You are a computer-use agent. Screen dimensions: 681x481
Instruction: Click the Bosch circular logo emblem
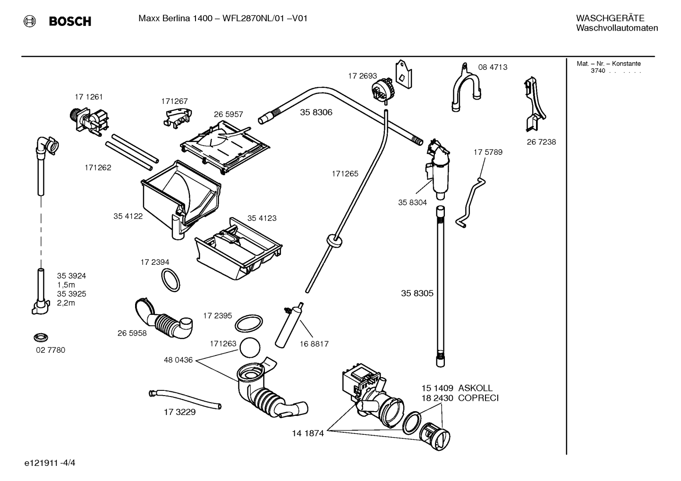29,22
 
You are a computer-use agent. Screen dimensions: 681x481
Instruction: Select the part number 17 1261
89,97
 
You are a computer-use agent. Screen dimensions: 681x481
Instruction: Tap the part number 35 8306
316,112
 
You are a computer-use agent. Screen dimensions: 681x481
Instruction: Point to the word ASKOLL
475,388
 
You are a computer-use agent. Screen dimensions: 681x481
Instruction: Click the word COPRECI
478,398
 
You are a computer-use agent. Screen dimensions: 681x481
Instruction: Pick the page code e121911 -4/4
50,463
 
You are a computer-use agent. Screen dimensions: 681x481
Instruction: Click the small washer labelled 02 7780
41,338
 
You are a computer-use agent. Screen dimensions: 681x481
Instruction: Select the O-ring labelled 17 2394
170,280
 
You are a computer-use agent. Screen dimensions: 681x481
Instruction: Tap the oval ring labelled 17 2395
249,323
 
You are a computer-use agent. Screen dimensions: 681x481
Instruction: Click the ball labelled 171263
250,347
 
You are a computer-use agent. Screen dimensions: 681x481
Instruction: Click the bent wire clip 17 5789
470,202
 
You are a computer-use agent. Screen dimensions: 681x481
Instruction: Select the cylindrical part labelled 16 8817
289,325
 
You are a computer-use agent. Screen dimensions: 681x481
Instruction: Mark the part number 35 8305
417,293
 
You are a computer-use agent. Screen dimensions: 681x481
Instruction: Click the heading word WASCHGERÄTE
610,18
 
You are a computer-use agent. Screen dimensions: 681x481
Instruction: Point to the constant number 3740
598,71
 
